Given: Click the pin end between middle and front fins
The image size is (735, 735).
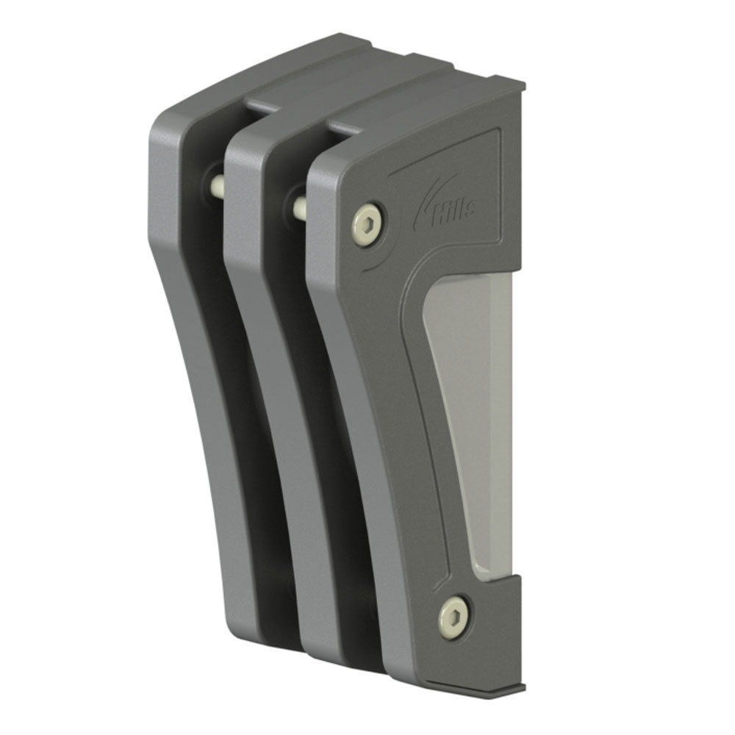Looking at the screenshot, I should tap(300, 207).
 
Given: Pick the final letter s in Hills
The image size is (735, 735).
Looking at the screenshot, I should tap(468, 212).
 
